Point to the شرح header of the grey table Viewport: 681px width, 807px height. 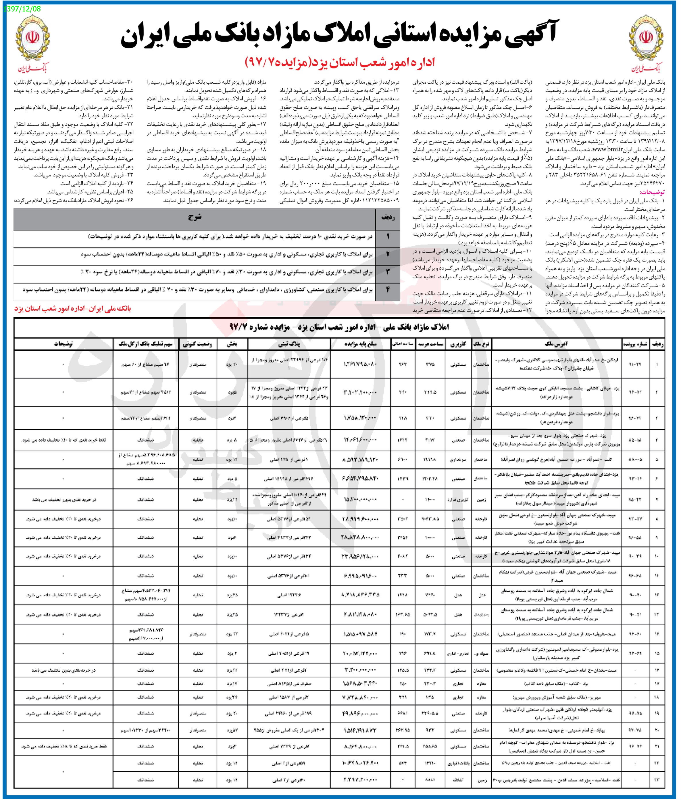195,217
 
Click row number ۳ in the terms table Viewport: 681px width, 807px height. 388,272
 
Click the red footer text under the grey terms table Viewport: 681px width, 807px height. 73,309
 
